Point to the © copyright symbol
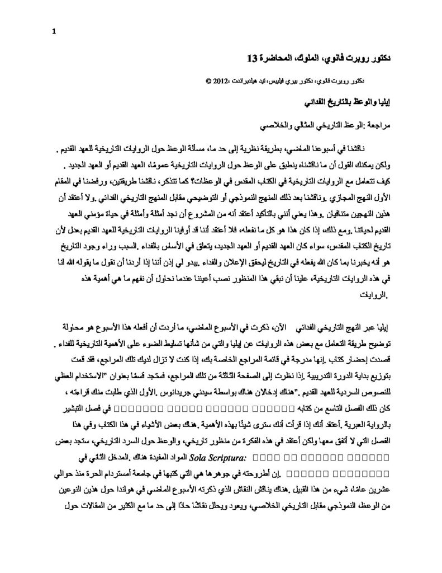209,80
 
